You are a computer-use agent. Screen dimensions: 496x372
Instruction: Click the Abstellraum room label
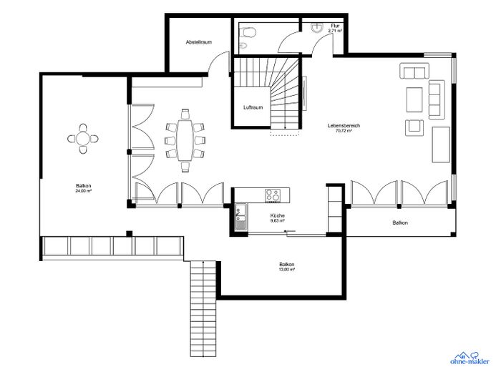(x=199, y=42)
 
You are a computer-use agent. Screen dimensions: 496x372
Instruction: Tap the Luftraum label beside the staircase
(x=253, y=107)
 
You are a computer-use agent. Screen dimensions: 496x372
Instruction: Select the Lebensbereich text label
(x=344, y=125)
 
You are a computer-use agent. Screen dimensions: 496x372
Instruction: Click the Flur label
(x=335, y=26)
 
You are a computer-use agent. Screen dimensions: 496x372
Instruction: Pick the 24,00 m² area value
(x=84, y=191)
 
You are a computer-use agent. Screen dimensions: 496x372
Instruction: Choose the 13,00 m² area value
(x=287, y=269)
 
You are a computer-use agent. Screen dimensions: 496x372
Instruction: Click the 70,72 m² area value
(x=344, y=130)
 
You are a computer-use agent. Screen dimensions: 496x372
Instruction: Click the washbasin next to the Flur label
(x=316, y=28)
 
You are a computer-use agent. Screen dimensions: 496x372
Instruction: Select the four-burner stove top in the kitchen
(x=273, y=195)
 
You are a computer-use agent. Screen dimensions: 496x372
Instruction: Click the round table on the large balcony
(x=83, y=139)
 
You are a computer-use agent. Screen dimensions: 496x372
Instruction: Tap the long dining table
(x=185, y=139)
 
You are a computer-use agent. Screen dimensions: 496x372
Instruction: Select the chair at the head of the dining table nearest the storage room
(x=185, y=114)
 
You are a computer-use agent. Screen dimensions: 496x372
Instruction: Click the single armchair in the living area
(x=414, y=127)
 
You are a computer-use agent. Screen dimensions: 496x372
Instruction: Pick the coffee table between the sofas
(x=414, y=99)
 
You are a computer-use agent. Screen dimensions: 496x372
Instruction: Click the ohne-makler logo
(x=470, y=358)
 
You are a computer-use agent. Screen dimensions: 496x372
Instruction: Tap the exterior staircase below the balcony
(x=203, y=308)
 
